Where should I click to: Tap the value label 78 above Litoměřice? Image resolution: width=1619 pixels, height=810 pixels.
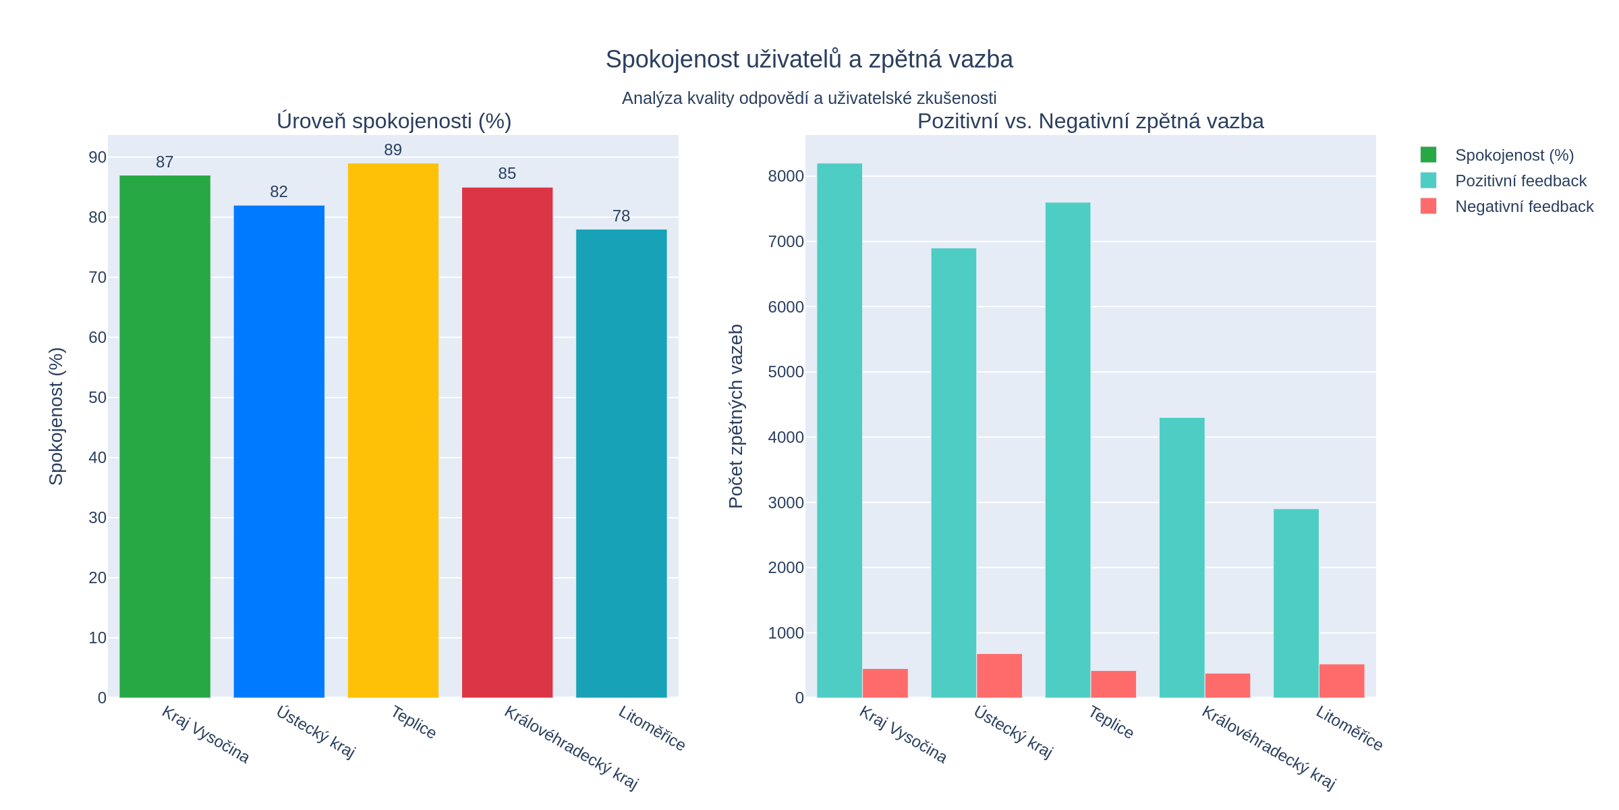point(621,216)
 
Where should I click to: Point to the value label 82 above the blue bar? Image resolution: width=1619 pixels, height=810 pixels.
point(279,192)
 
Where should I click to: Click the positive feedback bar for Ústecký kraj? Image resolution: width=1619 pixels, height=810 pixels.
point(953,473)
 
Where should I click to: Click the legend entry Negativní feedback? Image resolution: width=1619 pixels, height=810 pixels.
point(1523,207)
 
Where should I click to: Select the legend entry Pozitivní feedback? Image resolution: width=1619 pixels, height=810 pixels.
point(1520,181)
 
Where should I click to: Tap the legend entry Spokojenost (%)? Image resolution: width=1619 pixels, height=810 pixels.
point(1514,155)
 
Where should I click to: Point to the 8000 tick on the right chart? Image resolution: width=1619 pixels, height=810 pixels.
point(786,176)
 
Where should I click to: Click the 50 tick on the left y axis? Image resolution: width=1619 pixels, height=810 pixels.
point(98,398)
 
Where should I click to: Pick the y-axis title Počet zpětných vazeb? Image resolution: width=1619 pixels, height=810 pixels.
point(736,416)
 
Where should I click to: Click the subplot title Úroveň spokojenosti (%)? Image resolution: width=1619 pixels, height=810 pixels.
point(394,122)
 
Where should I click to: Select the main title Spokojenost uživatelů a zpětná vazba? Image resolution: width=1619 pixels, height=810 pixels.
point(809,59)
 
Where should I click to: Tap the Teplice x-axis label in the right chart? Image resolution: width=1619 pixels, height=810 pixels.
point(1110,722)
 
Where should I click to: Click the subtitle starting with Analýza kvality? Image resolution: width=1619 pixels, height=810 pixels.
point(809,99)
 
